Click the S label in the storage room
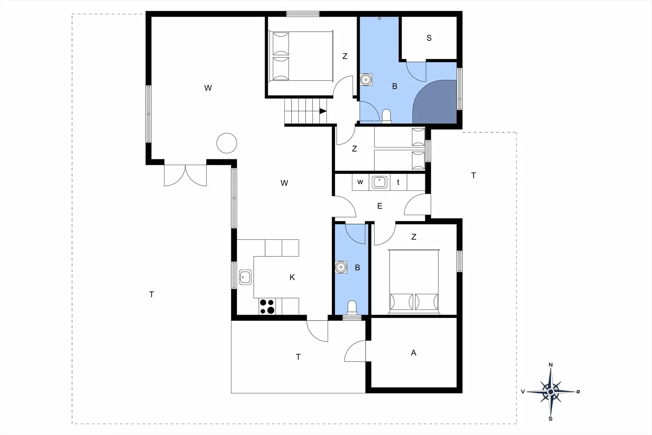[429, 38]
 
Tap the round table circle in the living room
[227, 143]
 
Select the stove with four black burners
[267, 306]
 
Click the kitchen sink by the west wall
[245, 277]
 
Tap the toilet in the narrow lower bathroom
[352, 308]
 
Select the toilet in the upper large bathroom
[386, 116]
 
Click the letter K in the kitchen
[292, 277]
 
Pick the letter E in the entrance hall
[380, 206]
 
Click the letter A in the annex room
[413, 353]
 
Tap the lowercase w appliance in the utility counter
[360, 182]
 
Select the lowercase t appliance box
[398, 182]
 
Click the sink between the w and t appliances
[379, 182]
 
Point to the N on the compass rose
[551, 365]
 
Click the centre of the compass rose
[551, 392]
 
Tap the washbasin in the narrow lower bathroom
[341, 267]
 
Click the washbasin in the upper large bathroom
[366, 80]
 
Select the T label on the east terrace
[473, 175]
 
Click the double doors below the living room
[185, 175]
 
